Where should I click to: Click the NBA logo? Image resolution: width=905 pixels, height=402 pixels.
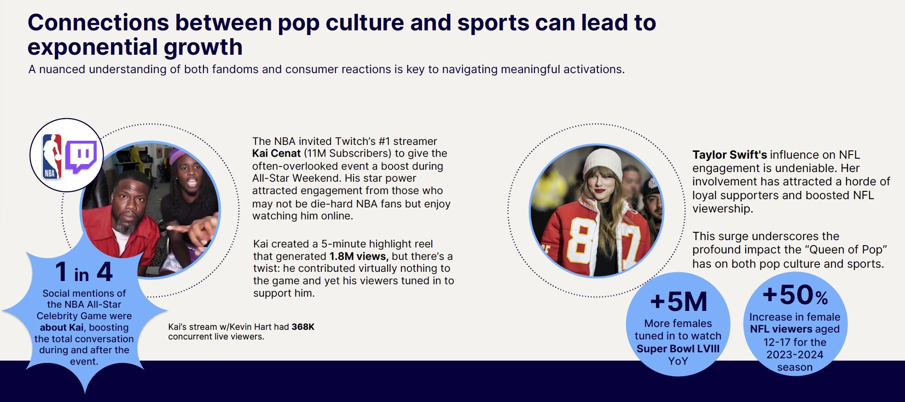[52, 156]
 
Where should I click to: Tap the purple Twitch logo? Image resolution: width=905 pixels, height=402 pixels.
[81, 156]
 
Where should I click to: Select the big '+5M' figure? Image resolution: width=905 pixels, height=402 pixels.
[678, 302]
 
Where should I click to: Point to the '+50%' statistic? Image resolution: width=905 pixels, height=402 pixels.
[795, 295]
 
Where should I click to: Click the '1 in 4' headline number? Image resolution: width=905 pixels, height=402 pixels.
[84, 272]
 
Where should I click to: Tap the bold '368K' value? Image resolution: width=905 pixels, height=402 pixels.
[303, 327]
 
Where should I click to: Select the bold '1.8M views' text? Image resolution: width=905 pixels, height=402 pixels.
[359, 256]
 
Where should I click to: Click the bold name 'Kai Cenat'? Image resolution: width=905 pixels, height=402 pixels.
[276, 153]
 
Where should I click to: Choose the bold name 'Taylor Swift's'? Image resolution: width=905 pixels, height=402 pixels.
[730, 155]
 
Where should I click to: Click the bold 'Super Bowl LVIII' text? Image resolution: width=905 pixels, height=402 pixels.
[678, 349]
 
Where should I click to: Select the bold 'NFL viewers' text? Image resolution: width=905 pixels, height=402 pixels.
[775, 329]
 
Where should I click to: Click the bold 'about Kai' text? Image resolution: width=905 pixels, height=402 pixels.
[62, 327]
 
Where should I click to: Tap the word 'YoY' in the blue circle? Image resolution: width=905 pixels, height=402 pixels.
[678, 361]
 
